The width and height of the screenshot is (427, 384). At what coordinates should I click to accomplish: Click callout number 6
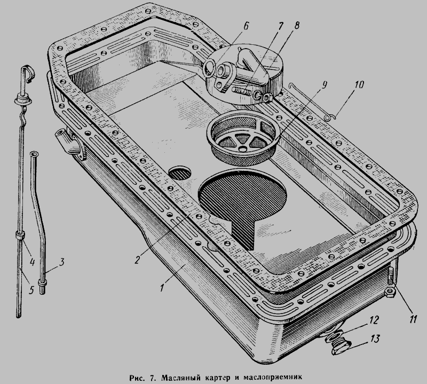click(246, 26)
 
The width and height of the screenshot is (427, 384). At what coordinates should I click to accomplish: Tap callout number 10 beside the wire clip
click(359, 84)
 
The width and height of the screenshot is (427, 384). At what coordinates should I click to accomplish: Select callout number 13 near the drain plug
click(375, 339)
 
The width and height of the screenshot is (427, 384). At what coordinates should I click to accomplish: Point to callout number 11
click(413, 319)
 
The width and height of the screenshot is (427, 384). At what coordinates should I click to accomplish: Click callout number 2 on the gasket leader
click(137, 260)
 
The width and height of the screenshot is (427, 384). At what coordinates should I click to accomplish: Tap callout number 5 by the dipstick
click(31, 290)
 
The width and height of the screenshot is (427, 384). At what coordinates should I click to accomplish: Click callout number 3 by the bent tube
click(61, 262)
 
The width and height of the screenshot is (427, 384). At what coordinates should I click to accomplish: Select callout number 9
click(324, 85)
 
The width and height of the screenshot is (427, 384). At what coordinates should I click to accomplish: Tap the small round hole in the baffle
click(180, 173)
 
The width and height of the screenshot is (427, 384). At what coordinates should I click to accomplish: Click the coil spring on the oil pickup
click(241, 89)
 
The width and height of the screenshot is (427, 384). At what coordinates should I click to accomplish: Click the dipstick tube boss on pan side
click(69, 143)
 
